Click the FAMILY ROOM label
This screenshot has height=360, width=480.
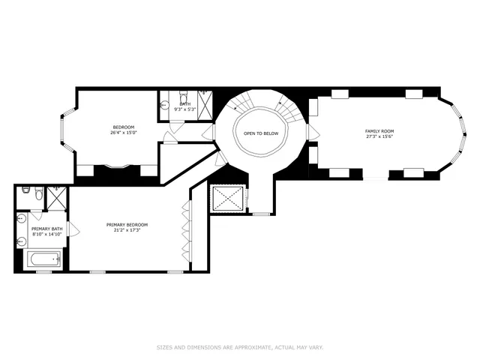click(379, 131)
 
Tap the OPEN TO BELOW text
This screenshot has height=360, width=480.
click(260, 133)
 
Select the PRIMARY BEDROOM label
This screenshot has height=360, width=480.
click(127, 224)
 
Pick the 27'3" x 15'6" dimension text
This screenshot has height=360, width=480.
click(379, 137)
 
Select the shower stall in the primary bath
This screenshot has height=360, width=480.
click(55, 196)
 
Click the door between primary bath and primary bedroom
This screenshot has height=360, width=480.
click(70, 228)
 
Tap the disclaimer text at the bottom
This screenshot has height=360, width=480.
click(239, 347)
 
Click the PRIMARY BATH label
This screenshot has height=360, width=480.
click(44, 228)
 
